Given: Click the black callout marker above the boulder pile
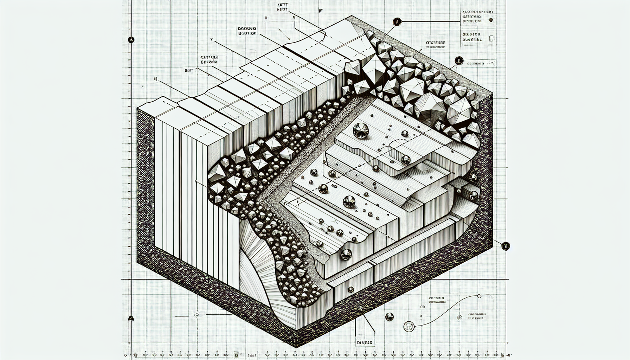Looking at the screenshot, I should pyautogui.click(x=397, y=22).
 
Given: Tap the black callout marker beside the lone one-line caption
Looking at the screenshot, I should pyautogui.click(x=458, y=60).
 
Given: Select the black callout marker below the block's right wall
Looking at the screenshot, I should pyautogui.click(x=505, y=246).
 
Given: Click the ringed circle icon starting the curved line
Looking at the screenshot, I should pyautogui.click(x=408, y=326).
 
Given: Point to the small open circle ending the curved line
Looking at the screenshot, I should pyautogui.click(x=479, y=296).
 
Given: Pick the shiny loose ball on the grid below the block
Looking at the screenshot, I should pyautogui.click(x=389, y=316).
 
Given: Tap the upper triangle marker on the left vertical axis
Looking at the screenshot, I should pyautogui.click(x=131, y=40).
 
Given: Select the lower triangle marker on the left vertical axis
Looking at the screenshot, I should pyautogui.click(x=131, y=319).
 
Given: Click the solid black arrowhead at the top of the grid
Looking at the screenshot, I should pyautogui.click(x=320, y=11).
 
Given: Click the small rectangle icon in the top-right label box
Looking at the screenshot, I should pyautogui.click(x=491, y=39).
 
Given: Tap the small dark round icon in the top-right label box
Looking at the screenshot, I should pyautogui.click(x=491, y=20).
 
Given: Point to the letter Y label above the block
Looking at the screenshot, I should pyautogui.click(x=212, y=40).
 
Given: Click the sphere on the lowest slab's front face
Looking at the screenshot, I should pyautogui.click(x=346, y=253).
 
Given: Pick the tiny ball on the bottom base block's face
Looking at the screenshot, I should pyautogui.click(x=350, y=290).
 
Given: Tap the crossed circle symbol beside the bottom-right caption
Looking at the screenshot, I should pyautogui.click(x=459, y=318).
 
